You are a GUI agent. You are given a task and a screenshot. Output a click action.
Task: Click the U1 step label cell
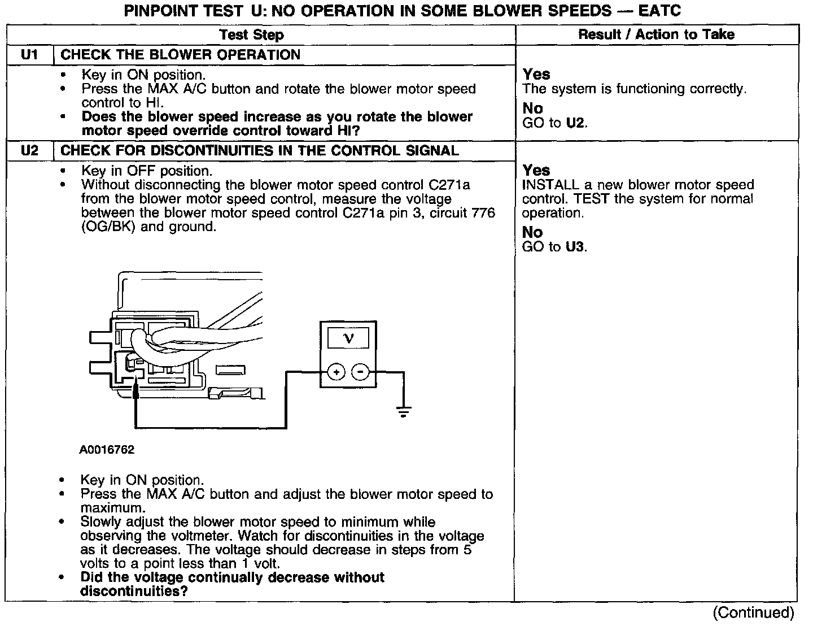point(29,55)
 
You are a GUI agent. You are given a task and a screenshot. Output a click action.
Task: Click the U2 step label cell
point(29,151)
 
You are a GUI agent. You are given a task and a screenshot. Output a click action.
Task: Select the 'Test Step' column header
point(251,35)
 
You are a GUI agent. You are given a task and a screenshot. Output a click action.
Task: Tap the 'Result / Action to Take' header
point(656,34)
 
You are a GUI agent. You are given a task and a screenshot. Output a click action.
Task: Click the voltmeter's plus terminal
point(336,372)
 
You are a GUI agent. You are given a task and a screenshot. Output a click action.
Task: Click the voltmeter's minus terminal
point(360,372)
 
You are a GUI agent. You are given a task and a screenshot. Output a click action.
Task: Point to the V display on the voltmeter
point(348,338)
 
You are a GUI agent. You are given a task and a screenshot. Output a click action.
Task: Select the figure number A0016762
point(107,450)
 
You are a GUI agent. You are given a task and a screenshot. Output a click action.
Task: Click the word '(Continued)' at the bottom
point(753,612)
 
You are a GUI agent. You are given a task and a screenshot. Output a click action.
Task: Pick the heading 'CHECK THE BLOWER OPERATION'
point(180,55)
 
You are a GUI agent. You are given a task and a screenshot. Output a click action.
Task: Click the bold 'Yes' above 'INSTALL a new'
point(536,170)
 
